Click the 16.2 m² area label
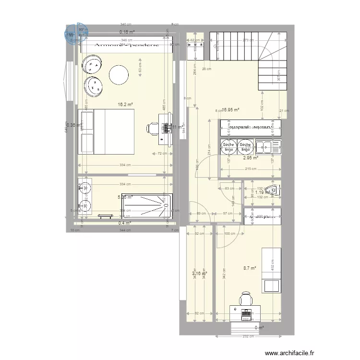[125, 104]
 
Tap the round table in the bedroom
[119, 74]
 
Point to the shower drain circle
[165, 206]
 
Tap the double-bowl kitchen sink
[264, 146]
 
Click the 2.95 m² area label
[251, 157]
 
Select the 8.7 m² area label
[250, 269]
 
